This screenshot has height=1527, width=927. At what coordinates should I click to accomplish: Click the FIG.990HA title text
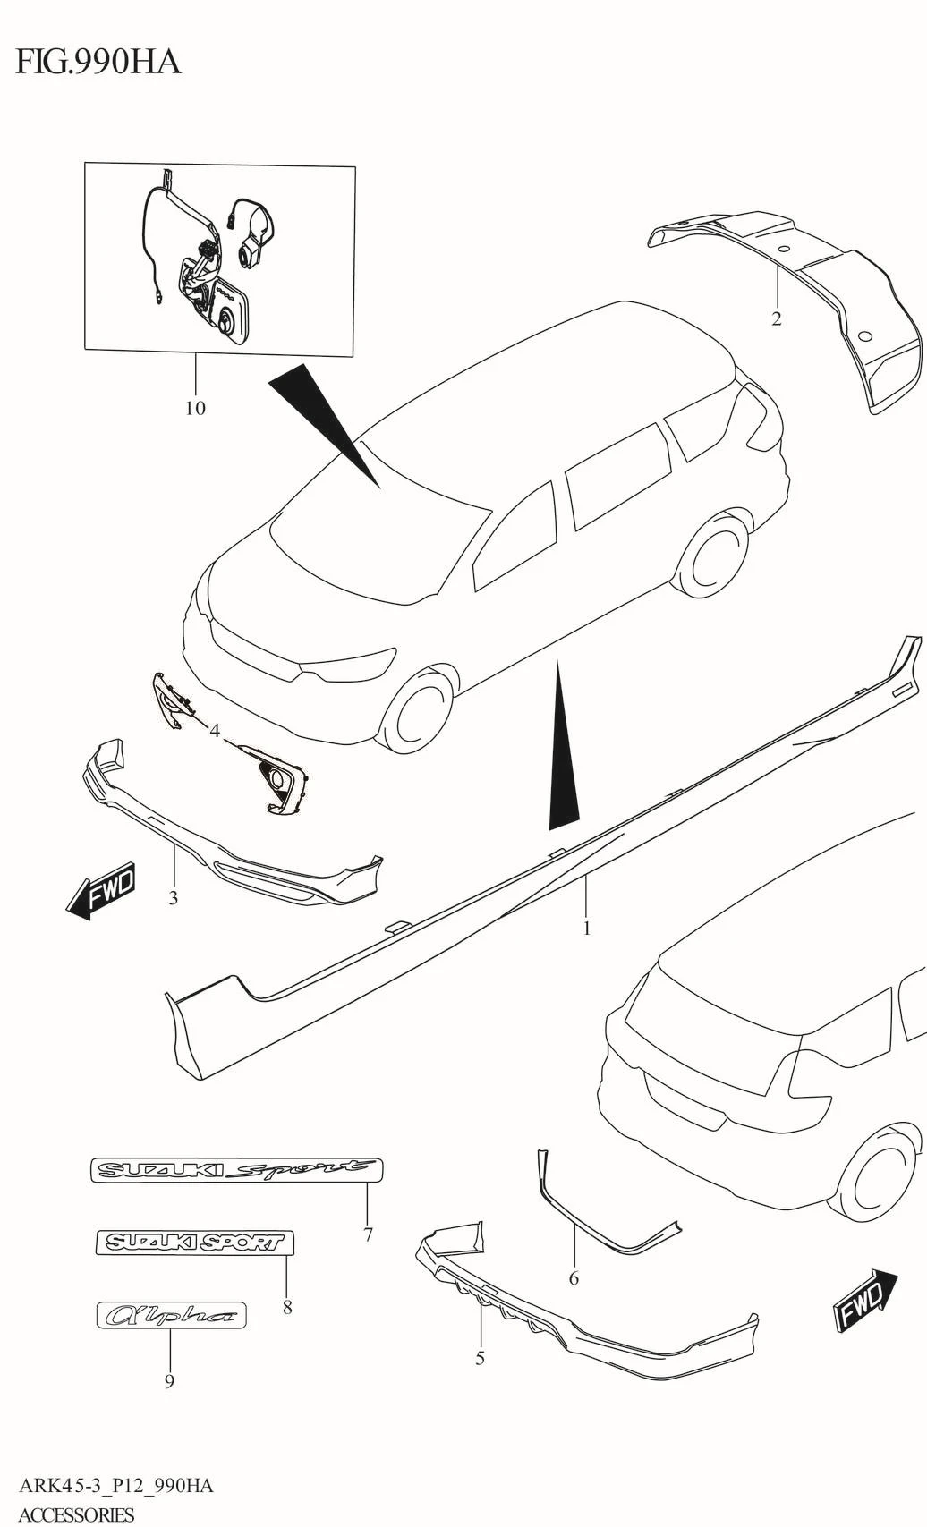pyautogui.click(x=98, y=62)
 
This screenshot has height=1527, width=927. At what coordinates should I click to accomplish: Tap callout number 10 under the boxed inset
pyautogui.click(x=195, y=408)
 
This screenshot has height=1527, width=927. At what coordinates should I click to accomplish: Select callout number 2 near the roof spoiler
pyautogui.click(x=777, y=318)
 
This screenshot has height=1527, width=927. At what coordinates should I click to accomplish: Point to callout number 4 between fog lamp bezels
pyautogui.click(x=215, y=731)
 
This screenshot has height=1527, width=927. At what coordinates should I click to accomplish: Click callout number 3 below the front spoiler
pyautogui.click(x=174, y=898)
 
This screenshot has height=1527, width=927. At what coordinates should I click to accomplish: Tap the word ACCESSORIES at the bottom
pyautogui.click(x=76, y=1515)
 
